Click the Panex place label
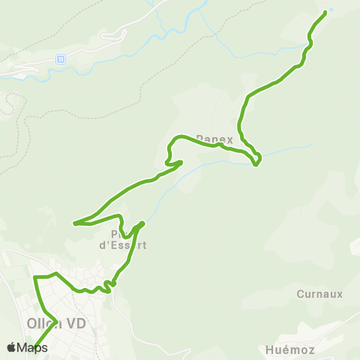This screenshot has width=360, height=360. point(215,139)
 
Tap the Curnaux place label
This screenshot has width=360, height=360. point(319,294)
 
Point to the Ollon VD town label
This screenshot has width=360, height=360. point(56,324)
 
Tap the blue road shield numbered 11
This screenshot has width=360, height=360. point(61,58)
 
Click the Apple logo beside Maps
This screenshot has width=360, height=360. point(12,347)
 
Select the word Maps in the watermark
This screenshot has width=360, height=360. point(32,347)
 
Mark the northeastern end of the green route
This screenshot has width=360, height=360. point(325,12)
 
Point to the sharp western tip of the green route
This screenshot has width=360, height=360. point(74,223)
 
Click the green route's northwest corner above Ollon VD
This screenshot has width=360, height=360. point(35,277)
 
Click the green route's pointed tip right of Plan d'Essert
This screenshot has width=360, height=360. point(142,223)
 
